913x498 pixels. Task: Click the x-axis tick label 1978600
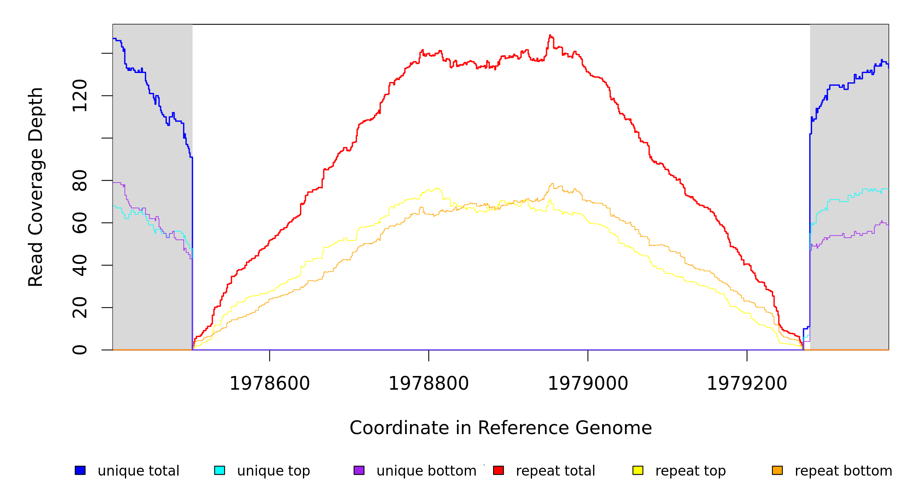click(x=270, y=383)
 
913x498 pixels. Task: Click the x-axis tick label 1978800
click(x=429, y=383)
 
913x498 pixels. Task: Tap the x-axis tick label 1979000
click(x=588, y=383)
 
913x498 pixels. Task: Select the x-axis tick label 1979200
click(x=747, y=383)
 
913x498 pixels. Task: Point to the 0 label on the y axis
click(x=80, y=350)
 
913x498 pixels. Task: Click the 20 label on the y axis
click(x=80, y=308)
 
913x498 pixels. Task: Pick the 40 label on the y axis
click(x=80, y=265)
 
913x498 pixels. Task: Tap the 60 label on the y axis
click(x=80, y=223)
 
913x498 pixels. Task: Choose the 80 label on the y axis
click(x=80, y=181)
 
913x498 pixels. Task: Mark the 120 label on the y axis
click(x=80, y=96)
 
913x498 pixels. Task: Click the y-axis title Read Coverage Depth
click(x=36, y=187)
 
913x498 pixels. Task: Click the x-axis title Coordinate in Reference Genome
click(x=500, y=428)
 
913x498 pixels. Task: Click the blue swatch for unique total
click(x=80, y=470)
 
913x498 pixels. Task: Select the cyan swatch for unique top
click(x=220, y=470)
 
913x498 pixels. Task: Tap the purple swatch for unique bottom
click(x=359, y=470)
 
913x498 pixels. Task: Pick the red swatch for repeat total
click(x=498, y=470)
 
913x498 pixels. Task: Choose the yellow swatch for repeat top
click(x=638, y=470)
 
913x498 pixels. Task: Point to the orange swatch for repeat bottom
click(x=777, y=470)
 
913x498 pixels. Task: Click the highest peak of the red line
click(x=550, y=35)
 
